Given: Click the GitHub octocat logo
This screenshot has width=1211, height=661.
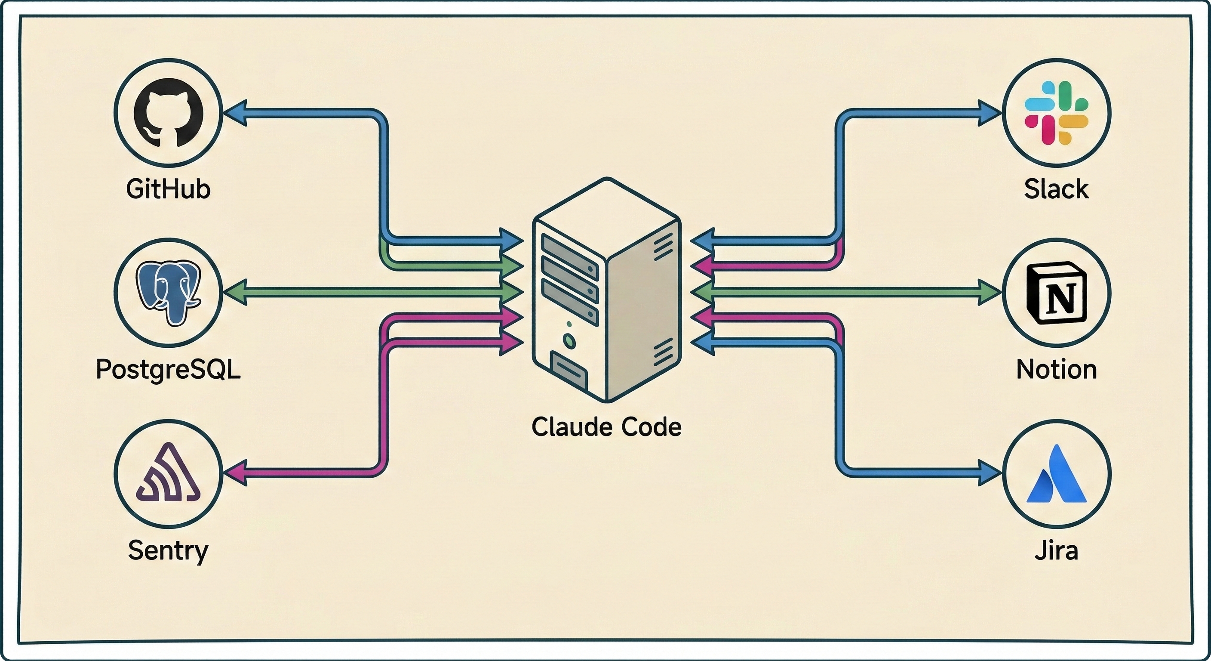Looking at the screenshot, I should [168, 113].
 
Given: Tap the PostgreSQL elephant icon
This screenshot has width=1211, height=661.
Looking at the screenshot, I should [168, 293].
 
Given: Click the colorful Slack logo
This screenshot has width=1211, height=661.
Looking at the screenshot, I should [1056, 113].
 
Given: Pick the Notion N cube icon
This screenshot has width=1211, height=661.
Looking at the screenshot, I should [1056, 293].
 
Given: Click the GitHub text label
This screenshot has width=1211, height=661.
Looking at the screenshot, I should [168, 189].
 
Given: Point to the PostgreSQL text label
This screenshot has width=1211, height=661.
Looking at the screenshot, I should [168, 370].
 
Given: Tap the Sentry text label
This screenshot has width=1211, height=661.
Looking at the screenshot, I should [168, 550].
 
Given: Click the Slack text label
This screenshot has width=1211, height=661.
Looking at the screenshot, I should [1056, 189].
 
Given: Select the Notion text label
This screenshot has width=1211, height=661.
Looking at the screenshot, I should [1056, 370].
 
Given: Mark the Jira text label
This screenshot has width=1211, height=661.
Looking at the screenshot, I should [1056, 550].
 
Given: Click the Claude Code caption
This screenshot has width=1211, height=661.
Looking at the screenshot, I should [606, 427].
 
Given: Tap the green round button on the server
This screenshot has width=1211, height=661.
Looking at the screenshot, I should [569, 340].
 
